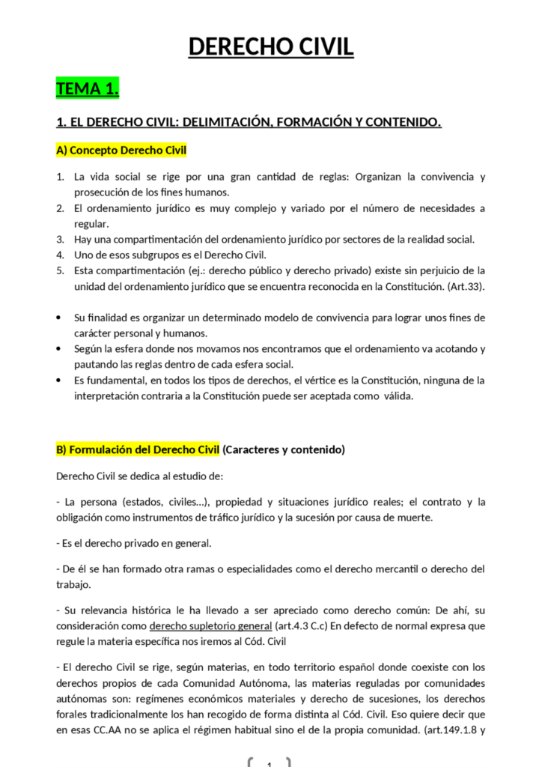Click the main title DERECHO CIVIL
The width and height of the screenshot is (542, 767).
pos(270,46)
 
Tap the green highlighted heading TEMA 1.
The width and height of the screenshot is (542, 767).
pos(88,89)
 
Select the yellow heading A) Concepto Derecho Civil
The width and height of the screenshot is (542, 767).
pos(121,151)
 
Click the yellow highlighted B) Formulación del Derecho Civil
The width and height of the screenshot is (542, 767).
pos(138,450)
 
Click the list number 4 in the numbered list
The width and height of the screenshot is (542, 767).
pos(60,255)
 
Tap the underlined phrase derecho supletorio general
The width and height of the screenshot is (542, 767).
pos(210,626)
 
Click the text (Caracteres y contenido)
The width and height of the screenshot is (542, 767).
pos(284,450)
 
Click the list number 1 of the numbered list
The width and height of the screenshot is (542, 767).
pos(60,177)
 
